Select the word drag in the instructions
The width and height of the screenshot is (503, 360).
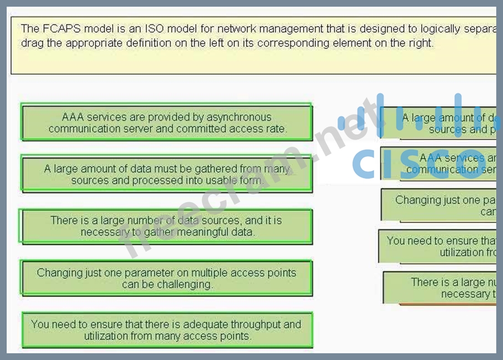tap(32, 43)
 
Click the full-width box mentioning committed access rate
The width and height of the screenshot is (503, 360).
tap(167, 123)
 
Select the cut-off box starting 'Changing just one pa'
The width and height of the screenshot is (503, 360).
tap(439, 205)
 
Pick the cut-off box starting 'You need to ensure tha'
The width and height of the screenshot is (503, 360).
tap(437, 246)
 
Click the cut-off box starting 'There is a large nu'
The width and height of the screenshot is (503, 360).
tap(440, 287)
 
